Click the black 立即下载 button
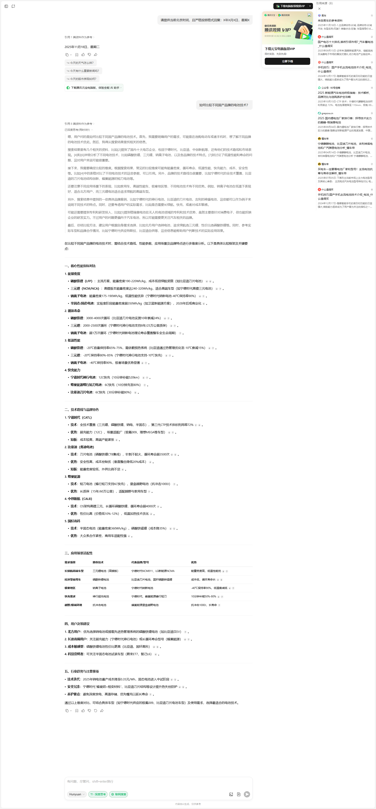[x=287, y=61]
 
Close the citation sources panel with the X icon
[x=319, y=9]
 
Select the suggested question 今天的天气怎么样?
[x=80, y=63]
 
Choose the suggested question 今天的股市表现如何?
[x=82, y=79]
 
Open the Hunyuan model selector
[x=77, y=794]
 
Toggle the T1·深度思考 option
[x=98, y=794]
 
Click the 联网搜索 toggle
[x=119, y=794]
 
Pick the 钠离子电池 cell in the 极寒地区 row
[x=99, y=588]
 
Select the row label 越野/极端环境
[x=73, y=605]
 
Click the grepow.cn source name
[x=327, y=113]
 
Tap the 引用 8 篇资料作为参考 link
[x=79, y=124]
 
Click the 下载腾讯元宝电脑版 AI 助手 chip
[x=94, y=88]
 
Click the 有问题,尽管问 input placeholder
[x=90, y=781]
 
